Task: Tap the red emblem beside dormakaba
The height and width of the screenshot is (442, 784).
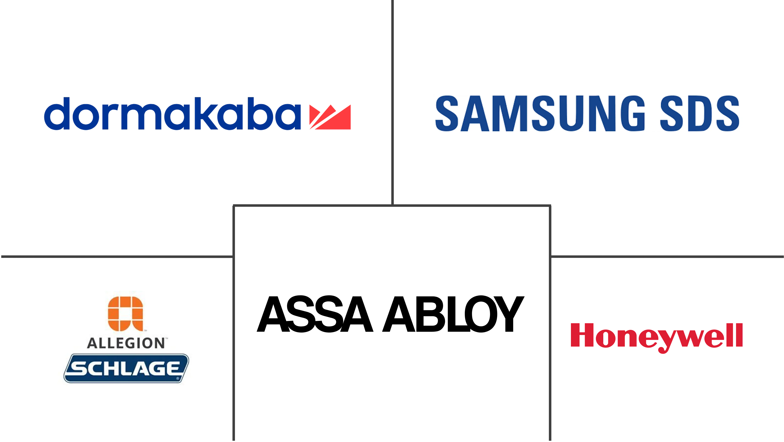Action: (330, 117)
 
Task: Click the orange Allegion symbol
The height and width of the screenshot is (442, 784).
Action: (125, 314)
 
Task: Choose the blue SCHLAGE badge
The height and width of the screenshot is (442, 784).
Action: (126, 368)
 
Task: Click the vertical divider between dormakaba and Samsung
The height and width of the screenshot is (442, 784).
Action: (392, 101)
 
